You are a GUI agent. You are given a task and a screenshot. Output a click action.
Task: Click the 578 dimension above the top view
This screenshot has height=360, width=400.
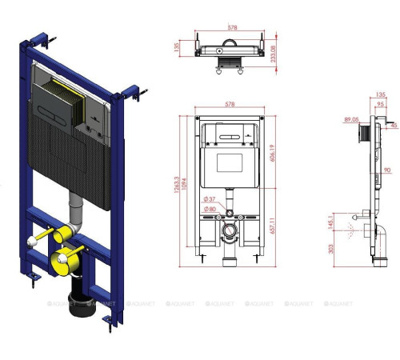[x=231, y=26]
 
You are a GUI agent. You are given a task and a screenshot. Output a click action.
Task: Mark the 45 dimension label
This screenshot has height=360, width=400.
[x=394, y=126]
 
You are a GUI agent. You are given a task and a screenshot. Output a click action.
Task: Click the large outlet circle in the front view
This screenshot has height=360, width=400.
[x=231, y=234]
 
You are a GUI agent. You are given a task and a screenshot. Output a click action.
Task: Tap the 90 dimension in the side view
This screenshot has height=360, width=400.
[x=386, y=170]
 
